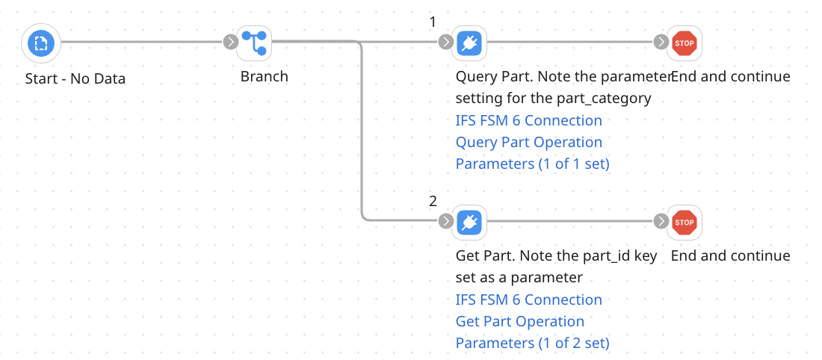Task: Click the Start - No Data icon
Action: (x=41, y=43)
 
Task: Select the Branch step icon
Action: (x=254, y=43)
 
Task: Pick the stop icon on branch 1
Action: (x=685, y=43)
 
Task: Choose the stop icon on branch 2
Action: (x=685, y=222)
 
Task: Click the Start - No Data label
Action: (x=75, y=78)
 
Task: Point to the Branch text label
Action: (x=264, y=76)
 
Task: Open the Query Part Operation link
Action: (x=528, y=142)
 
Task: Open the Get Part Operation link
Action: (x=519, y=321)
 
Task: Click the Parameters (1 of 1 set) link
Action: (x=532, y=164)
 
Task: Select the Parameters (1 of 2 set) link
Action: (x=532, y=343)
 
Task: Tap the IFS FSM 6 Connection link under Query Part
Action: (x=528, y=120)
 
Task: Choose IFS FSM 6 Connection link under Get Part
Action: (x=528, y=300)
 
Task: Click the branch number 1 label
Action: (x=433, y=22)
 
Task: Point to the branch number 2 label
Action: (x=433, y=201)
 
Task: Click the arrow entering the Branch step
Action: (x=229, y=42)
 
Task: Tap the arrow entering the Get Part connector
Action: (x=445, y=221)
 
